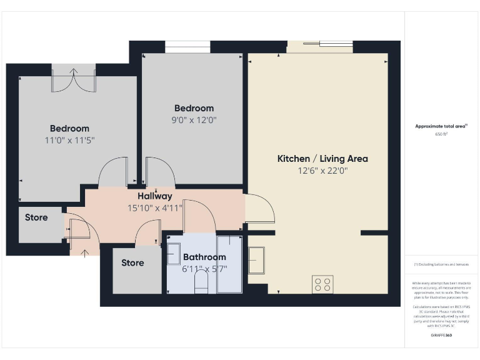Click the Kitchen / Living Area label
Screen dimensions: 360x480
[x=322, y=159]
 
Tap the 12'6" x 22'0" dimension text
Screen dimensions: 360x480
[x=322, y=170]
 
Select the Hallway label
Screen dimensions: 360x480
[x=155, y=197]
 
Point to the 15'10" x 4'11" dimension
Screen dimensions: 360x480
[x=155, y=208]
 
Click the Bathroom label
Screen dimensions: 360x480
[x=204, y=257]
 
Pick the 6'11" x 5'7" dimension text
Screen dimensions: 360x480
[x=204, y=268]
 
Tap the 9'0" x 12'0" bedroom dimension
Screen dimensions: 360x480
[x=194, y=119]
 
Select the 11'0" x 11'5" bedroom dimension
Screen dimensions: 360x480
[x=69, y=140]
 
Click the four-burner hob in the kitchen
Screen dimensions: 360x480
[x=323, y=284]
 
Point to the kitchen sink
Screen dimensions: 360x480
[x=256, y=260]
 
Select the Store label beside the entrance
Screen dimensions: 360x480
[x=36, y=218]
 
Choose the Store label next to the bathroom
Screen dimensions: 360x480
[x=132, y=263]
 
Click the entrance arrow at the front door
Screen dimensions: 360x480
[x=85, y=252]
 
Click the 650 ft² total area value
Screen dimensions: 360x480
[x=442, y=134]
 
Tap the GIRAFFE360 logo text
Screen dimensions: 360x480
[x=442, y=336]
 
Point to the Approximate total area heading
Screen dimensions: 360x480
[x=441, y=126]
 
